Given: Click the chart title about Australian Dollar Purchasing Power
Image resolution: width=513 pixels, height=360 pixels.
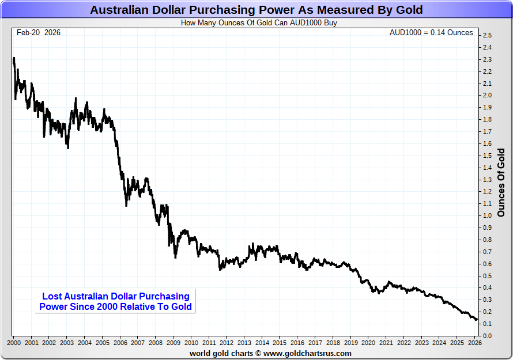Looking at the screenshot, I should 256,10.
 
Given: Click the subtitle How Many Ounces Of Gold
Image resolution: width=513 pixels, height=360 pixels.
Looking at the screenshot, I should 259,23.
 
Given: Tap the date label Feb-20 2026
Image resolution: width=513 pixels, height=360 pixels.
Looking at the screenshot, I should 39,33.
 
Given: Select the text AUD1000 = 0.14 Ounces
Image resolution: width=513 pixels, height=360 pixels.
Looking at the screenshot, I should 431,33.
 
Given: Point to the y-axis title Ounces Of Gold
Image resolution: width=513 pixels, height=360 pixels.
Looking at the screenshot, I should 500,183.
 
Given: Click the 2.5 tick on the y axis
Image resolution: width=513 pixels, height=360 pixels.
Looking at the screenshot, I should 487,36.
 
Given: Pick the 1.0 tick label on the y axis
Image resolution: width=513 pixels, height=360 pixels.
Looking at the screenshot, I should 487,216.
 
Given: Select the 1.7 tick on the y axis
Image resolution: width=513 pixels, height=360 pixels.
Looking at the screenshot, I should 487,132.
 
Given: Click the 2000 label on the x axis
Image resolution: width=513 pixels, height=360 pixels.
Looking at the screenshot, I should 14,343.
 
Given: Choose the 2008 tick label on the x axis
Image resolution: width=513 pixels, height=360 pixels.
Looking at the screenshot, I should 156,343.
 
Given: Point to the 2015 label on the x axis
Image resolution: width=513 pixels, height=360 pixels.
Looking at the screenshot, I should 280,343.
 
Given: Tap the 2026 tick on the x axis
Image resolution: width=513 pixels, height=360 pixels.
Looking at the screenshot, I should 475,343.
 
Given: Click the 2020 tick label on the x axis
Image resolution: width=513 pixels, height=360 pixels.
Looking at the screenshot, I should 368,343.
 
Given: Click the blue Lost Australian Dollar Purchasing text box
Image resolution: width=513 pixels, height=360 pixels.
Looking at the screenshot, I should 115,301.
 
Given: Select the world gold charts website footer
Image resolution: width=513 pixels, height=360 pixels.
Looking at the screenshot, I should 270,353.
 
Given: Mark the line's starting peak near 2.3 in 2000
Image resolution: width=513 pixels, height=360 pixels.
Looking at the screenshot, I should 14,58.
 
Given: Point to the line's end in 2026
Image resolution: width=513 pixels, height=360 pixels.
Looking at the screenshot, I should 477,320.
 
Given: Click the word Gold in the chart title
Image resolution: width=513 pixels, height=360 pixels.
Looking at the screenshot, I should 409,10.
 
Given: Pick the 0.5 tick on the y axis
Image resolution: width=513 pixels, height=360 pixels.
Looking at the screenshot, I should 487,276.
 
